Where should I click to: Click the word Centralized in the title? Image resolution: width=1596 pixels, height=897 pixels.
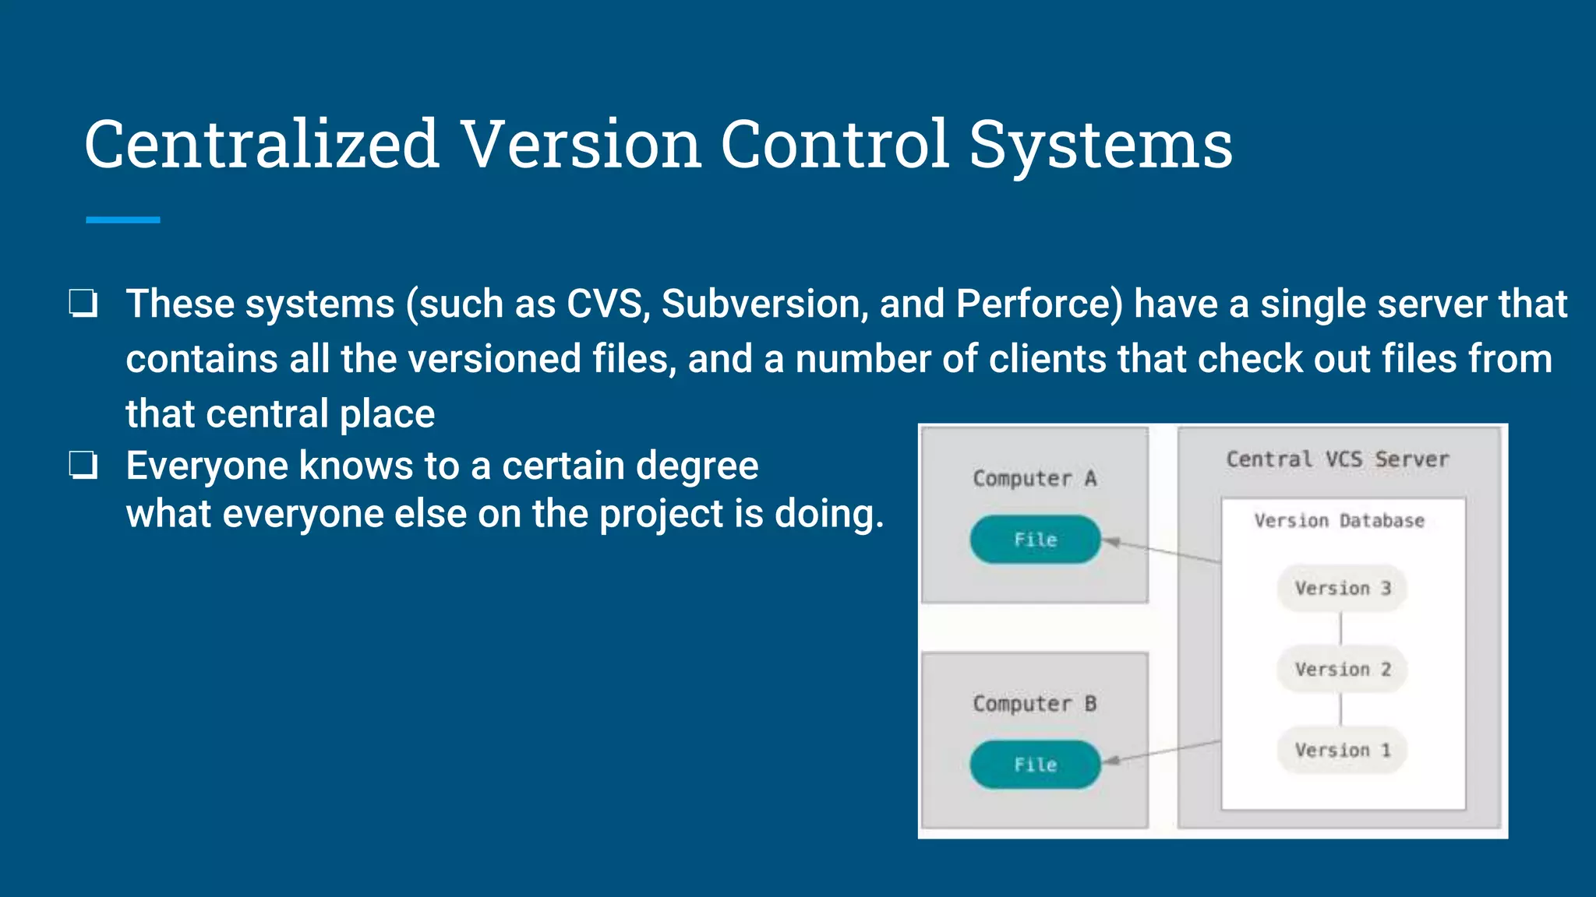261,145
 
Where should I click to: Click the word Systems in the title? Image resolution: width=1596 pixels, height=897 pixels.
1100,145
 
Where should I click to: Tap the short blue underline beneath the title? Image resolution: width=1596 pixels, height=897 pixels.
122,220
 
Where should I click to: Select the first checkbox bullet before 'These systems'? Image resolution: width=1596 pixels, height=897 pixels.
83,304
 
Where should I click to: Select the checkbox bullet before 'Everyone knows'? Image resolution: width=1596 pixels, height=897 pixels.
83,466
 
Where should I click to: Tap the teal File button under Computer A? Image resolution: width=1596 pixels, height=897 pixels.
1035,540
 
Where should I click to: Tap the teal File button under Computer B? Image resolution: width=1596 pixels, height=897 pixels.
1035,765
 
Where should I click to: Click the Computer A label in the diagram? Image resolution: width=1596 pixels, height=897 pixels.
1034,478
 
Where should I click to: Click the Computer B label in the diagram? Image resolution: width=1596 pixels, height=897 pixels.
1034,704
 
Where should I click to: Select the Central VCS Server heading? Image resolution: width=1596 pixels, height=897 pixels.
1337,459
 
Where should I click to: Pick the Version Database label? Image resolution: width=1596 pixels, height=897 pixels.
1339,520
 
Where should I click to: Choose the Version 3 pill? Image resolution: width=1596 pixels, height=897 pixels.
1342,589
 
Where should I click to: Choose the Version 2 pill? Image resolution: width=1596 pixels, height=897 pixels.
1342,670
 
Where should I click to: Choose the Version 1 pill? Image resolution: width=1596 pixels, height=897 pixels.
1342,751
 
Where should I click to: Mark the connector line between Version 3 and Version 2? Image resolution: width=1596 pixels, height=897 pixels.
1341,629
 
